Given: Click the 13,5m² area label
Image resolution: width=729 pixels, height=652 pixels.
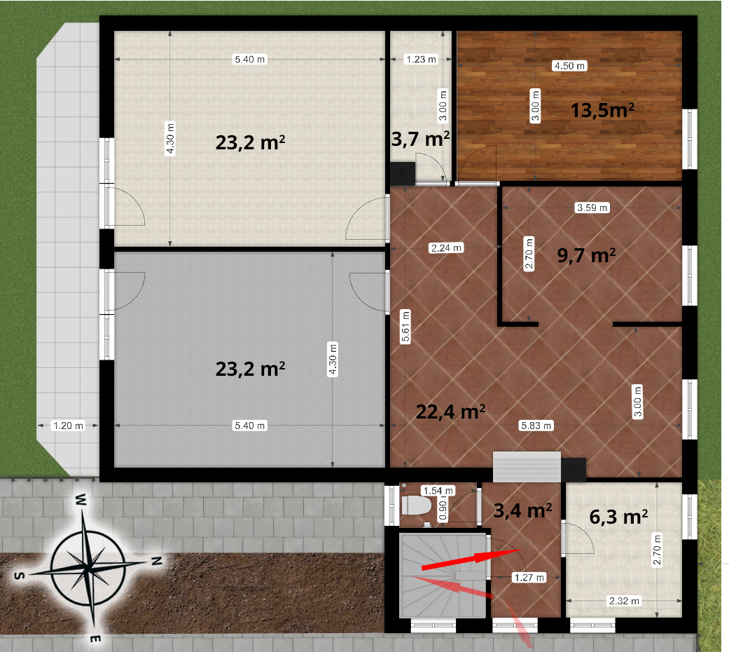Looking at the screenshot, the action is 602,110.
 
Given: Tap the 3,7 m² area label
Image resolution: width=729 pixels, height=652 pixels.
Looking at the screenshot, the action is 420,139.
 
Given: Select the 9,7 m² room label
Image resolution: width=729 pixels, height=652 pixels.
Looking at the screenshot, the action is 586,255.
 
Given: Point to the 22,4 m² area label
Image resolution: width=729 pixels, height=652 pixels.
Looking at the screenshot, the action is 450,412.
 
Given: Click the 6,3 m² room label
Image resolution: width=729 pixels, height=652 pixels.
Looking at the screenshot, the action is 618,517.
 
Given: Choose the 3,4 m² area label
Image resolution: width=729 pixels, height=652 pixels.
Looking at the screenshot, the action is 522,510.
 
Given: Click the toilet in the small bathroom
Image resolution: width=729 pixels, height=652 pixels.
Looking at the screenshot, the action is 417,505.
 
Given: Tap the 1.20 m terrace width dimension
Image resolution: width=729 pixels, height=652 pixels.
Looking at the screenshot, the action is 69,426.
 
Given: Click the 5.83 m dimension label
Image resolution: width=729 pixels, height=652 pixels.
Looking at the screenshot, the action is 536,426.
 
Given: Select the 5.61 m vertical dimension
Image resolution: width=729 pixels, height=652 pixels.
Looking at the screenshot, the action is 405,326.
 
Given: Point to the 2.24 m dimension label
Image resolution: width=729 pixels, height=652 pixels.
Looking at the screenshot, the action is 446,248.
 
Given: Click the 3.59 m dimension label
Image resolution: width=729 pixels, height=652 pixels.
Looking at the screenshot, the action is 592,208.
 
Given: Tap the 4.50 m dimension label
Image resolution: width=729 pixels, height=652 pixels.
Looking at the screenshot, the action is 569,66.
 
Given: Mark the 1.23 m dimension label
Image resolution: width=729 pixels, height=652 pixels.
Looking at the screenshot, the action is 421,59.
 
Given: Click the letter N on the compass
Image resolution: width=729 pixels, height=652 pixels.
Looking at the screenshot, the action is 157,561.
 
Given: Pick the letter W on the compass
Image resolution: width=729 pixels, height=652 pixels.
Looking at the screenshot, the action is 81,500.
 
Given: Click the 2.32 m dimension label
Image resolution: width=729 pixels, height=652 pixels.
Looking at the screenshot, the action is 625,601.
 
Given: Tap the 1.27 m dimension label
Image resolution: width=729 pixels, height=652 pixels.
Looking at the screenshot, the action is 529,578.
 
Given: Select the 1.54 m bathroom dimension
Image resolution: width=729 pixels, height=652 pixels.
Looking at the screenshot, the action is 438,491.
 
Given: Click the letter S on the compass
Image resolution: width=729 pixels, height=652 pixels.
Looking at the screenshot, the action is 19,576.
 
